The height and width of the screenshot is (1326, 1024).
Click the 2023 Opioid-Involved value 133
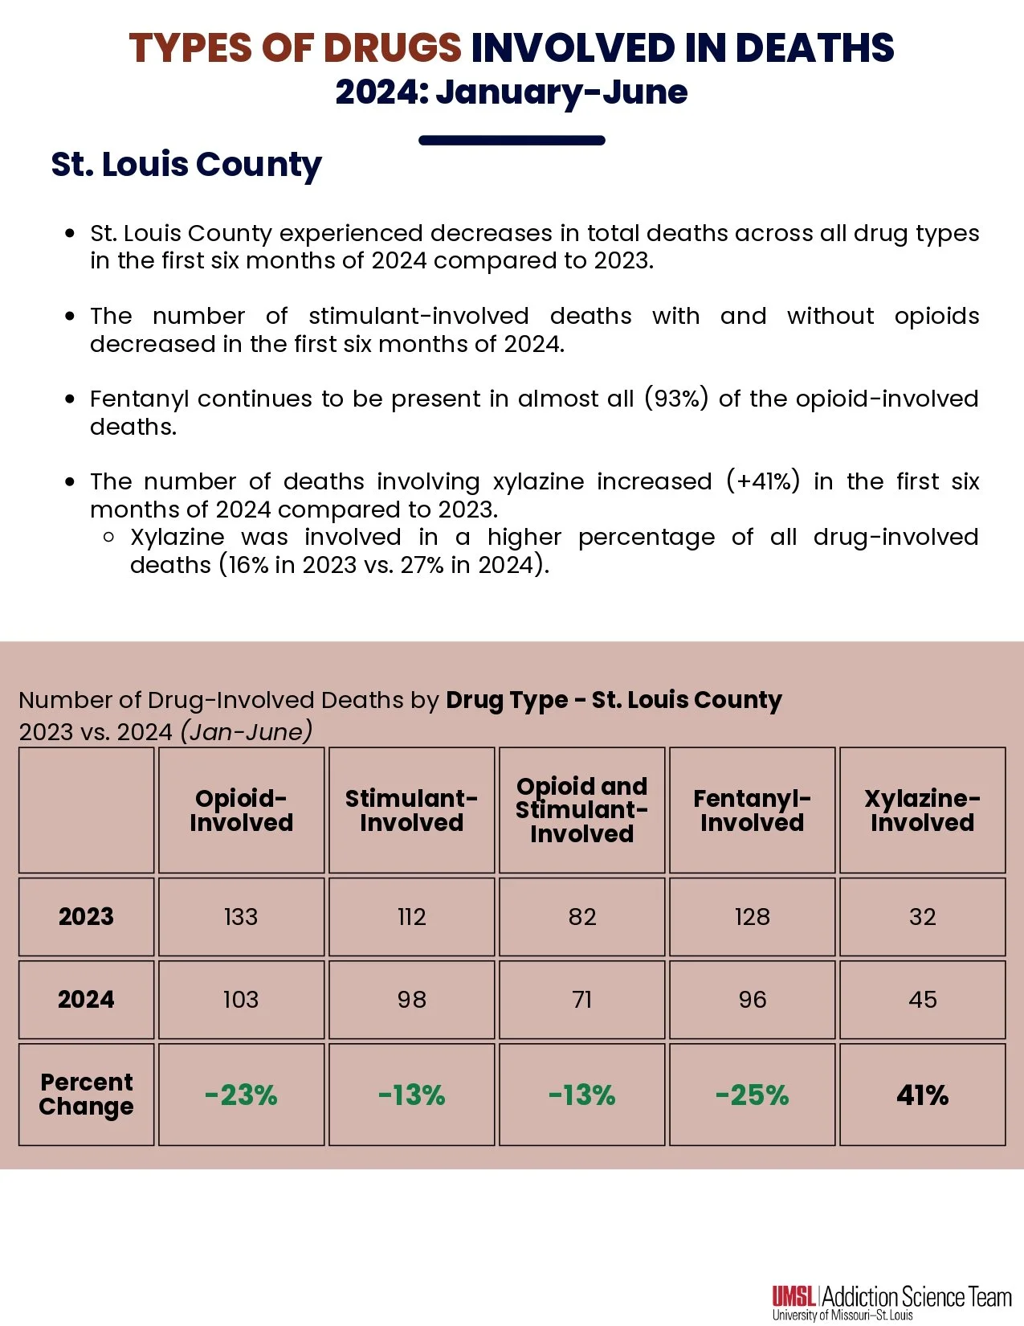click(x=241, y=917)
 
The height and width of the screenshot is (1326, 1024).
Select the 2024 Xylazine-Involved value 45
click(x=922, y=1000)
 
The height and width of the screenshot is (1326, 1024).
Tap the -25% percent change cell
click(x=752, y=1095)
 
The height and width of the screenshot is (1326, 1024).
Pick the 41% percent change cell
click(x=922, y=1095)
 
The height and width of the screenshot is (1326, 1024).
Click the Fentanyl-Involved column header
click(x=752, y=810)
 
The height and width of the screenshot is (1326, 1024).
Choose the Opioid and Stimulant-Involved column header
click(x=581, y=810)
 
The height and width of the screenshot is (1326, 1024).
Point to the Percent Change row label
click(x=86, y=1095)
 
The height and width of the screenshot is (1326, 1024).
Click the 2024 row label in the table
click(x=86, y=1000)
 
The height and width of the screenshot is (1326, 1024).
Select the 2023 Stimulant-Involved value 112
click(x=411, y=917)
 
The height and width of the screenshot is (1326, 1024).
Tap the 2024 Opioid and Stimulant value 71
click(x=581, y=1000)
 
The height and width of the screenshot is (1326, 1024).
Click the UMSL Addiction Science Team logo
click(x=891, y=1302)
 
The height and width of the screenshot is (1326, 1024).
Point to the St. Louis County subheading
click(x=186, y=165)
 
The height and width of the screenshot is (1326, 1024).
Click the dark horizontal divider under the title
click(x=512, y=141)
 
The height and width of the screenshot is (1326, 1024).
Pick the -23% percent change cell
click(x=241, y=1095)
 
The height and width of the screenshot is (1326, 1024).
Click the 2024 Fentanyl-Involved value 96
click(x=752, y=1000)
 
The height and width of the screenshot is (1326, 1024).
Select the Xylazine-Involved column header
click(x=922, y=810)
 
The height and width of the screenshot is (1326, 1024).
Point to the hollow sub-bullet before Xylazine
click(x=109, y=538)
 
